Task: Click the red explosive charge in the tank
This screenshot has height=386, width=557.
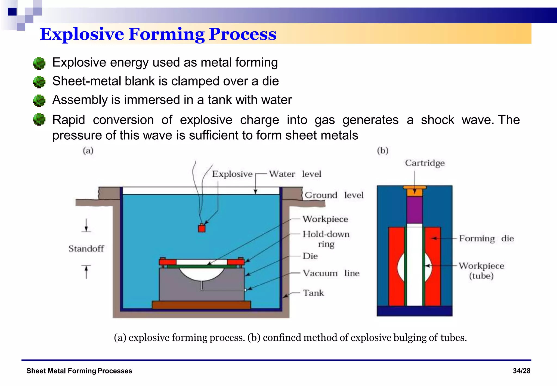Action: click(x=202, y=228)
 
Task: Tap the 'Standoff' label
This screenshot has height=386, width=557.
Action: click(x=86, y=249)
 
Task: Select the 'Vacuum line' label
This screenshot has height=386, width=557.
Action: click(x=331, y=273)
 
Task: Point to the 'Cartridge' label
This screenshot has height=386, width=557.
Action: click(x=425, y=163)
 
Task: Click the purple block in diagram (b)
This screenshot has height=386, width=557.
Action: click(x=414, y=210)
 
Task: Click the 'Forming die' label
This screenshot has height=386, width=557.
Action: click(x=486, y=238)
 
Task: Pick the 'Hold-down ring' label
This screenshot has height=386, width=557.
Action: click(x=326, y=239)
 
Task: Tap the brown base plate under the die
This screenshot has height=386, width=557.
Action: click(x=201, y=305)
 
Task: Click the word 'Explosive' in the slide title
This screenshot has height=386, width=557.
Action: click(x=82, y=34)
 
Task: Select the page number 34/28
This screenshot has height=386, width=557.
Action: click(x=521, y=371)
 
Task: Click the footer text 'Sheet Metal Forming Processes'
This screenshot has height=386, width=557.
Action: click(x=79, y=371)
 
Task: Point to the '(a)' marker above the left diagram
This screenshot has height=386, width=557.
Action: click(x=88, y=151)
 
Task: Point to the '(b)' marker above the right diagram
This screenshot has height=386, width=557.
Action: click(x=383, y=151)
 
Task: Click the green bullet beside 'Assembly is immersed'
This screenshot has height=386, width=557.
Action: click(x=39, y=100)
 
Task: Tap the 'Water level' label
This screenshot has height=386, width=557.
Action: click(x=295, y=174)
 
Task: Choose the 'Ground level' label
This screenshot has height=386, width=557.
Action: click(x=334, y=195)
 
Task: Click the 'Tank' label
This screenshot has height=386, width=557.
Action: click(x=313, y=293)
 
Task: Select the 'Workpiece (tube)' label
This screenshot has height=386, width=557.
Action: click(x=481, y=271)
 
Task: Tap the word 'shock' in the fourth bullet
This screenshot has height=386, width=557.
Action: click(x=437, y=120)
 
